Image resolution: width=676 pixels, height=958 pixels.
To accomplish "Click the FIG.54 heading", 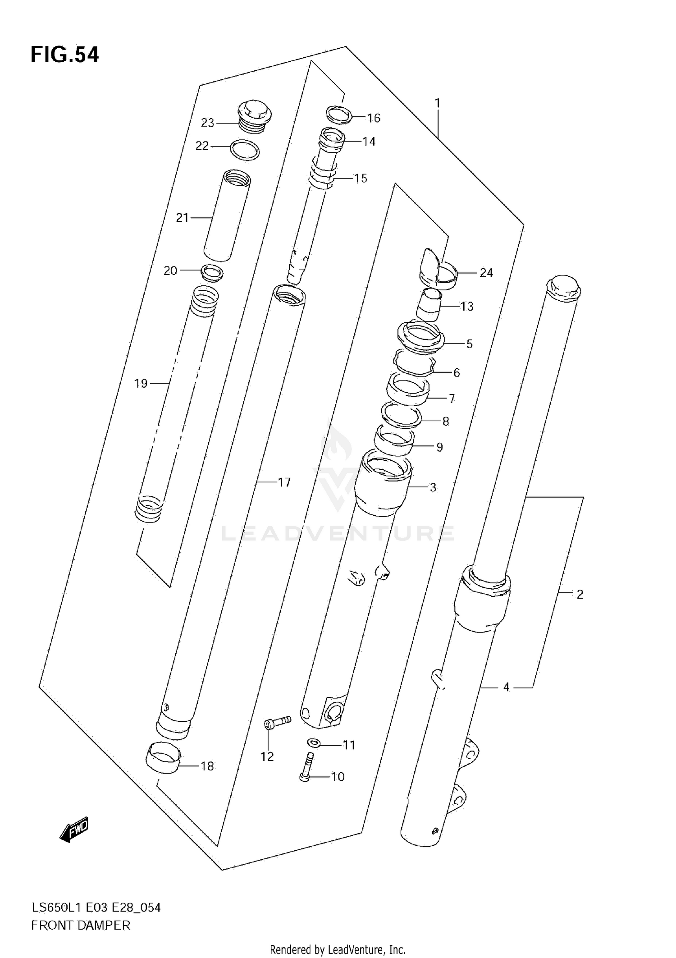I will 64,55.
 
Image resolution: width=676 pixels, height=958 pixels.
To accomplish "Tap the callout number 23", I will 207,123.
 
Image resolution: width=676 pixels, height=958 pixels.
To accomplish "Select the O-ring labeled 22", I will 245,150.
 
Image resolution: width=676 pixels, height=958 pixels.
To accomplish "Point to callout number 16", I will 374,118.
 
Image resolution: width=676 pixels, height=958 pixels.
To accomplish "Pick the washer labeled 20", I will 212,273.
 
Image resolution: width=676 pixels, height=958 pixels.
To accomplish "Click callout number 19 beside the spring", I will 141,384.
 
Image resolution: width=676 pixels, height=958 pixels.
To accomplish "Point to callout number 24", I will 486,273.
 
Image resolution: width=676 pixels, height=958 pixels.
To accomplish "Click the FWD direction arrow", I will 74,829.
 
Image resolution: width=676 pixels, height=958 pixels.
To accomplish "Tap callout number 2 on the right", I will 580,595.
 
